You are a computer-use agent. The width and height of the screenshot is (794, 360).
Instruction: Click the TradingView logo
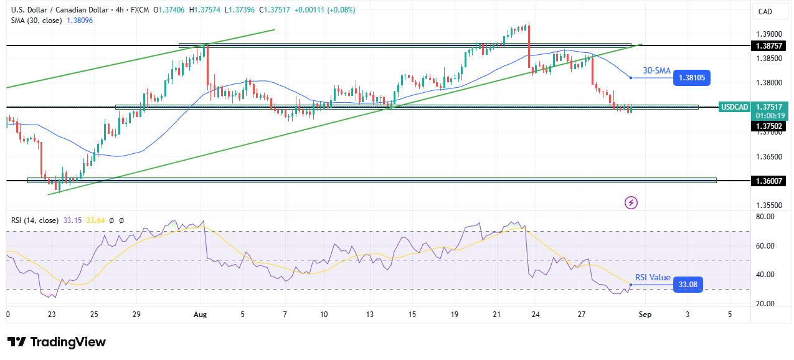57,342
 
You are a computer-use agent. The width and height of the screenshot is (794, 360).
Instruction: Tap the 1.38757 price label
767,46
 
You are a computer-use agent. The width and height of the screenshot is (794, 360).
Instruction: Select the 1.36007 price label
767,181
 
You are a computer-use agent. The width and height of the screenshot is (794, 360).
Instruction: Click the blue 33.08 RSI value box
688,285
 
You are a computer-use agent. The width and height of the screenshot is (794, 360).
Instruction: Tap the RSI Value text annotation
653,278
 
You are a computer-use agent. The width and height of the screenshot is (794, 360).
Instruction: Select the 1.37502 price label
767,126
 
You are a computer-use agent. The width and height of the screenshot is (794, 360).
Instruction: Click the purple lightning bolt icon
631,202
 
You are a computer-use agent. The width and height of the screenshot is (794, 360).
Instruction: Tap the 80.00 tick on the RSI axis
764,217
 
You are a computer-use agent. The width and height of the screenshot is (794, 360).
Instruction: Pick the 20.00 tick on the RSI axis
764,304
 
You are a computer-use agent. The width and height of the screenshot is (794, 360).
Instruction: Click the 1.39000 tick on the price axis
767,34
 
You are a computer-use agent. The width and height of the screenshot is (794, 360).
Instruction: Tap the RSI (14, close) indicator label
35,220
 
